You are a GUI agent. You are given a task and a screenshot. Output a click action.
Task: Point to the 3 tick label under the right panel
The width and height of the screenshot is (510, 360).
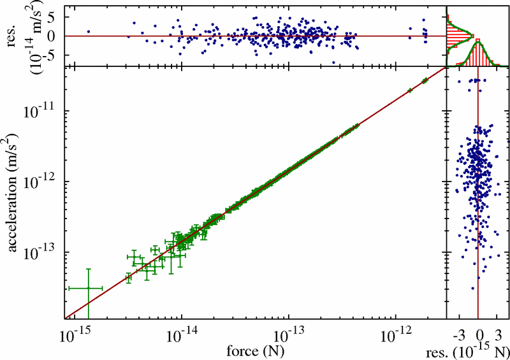(x=499, y=334)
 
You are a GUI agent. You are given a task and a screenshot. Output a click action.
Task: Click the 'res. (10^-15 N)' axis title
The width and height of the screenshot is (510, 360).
(x=476, y=350)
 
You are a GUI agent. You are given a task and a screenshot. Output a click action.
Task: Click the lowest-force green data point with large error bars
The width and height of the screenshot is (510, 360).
(x=88, y=289)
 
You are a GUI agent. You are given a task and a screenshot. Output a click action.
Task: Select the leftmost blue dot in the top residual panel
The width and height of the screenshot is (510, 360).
(x=89, y=31)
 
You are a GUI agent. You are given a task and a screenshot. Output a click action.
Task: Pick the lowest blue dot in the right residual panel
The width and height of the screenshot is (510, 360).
(x=472, y=289)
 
